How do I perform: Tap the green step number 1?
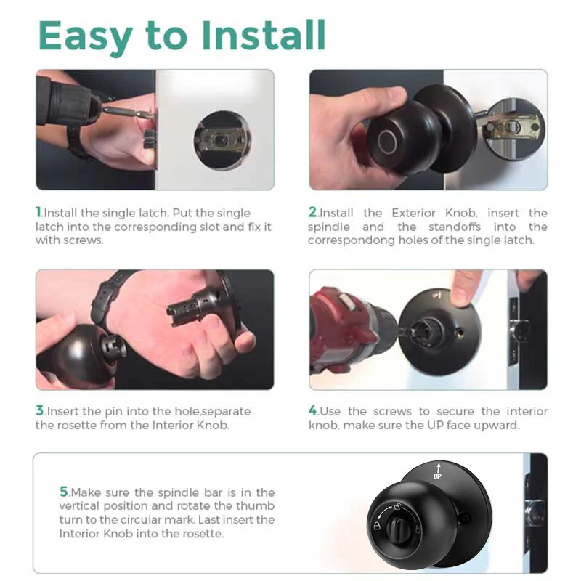(x=39, y=213)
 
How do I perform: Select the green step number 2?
(x=312, y=213)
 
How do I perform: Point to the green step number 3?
(x=40, y=411)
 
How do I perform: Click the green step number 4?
(x=313, y=411)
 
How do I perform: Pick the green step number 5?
(x=64, y=492)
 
